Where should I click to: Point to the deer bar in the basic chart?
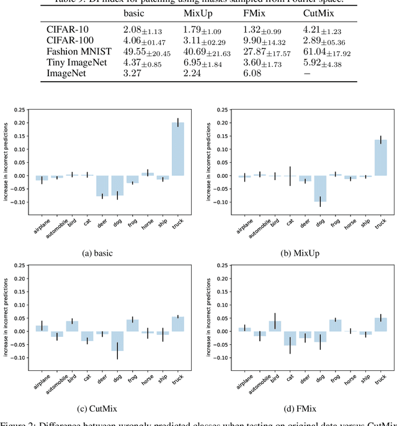102,186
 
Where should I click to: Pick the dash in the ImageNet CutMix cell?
306,73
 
